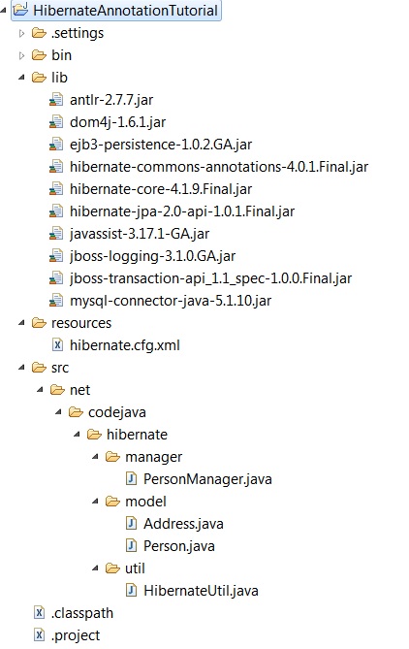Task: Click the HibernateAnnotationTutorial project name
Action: pos(125,11)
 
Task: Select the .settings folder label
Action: pos(78,33)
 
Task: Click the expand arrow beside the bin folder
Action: pos(22,55)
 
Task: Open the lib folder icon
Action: pos(39,78)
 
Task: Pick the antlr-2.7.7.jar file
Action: pos(111,100)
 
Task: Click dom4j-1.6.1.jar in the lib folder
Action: pos(118,122)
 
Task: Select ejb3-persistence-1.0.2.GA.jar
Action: pos(161,145)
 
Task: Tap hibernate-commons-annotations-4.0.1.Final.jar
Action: pos(219,167)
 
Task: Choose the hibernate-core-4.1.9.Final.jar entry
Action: pos(161,189)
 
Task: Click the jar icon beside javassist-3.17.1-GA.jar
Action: pos(56,234)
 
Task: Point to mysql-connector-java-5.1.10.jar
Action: pos(171,301)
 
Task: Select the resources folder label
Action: pos(81,323)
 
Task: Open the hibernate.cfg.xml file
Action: pos(125,345)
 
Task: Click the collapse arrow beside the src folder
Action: pos(22,368)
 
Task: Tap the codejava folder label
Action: pos(117,412)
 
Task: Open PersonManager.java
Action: pos(207,479)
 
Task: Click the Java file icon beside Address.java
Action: pos(131,524)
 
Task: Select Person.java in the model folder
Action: pos(179,546)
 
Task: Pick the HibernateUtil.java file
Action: pos(201,591)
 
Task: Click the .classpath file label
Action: pos(81,613)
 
